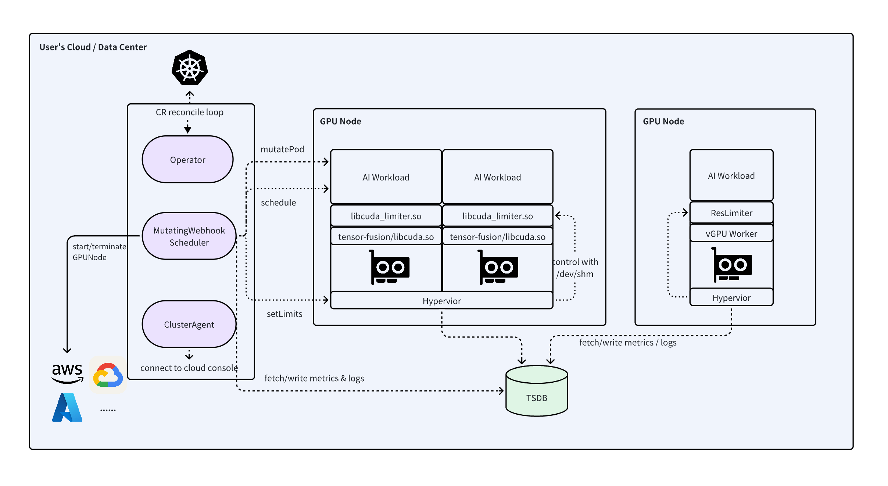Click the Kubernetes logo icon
[190, 68]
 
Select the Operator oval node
[187, 160]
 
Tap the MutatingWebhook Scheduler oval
[189, 236]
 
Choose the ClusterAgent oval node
[189, 324]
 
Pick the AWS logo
[67, 372]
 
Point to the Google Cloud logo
[108, 375]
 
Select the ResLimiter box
[731, 213]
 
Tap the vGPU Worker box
[731, 234]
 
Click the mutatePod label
[282, 149]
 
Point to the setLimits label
[284, 314]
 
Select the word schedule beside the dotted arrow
[278, 203]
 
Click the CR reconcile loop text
[189, 112]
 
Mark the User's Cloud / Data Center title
[93, 47]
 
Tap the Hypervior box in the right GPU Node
[731, 298]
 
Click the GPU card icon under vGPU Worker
[732, 265]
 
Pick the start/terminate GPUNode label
[99, 252]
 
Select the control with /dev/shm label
[575, 268]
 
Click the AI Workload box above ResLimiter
[731, 176]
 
